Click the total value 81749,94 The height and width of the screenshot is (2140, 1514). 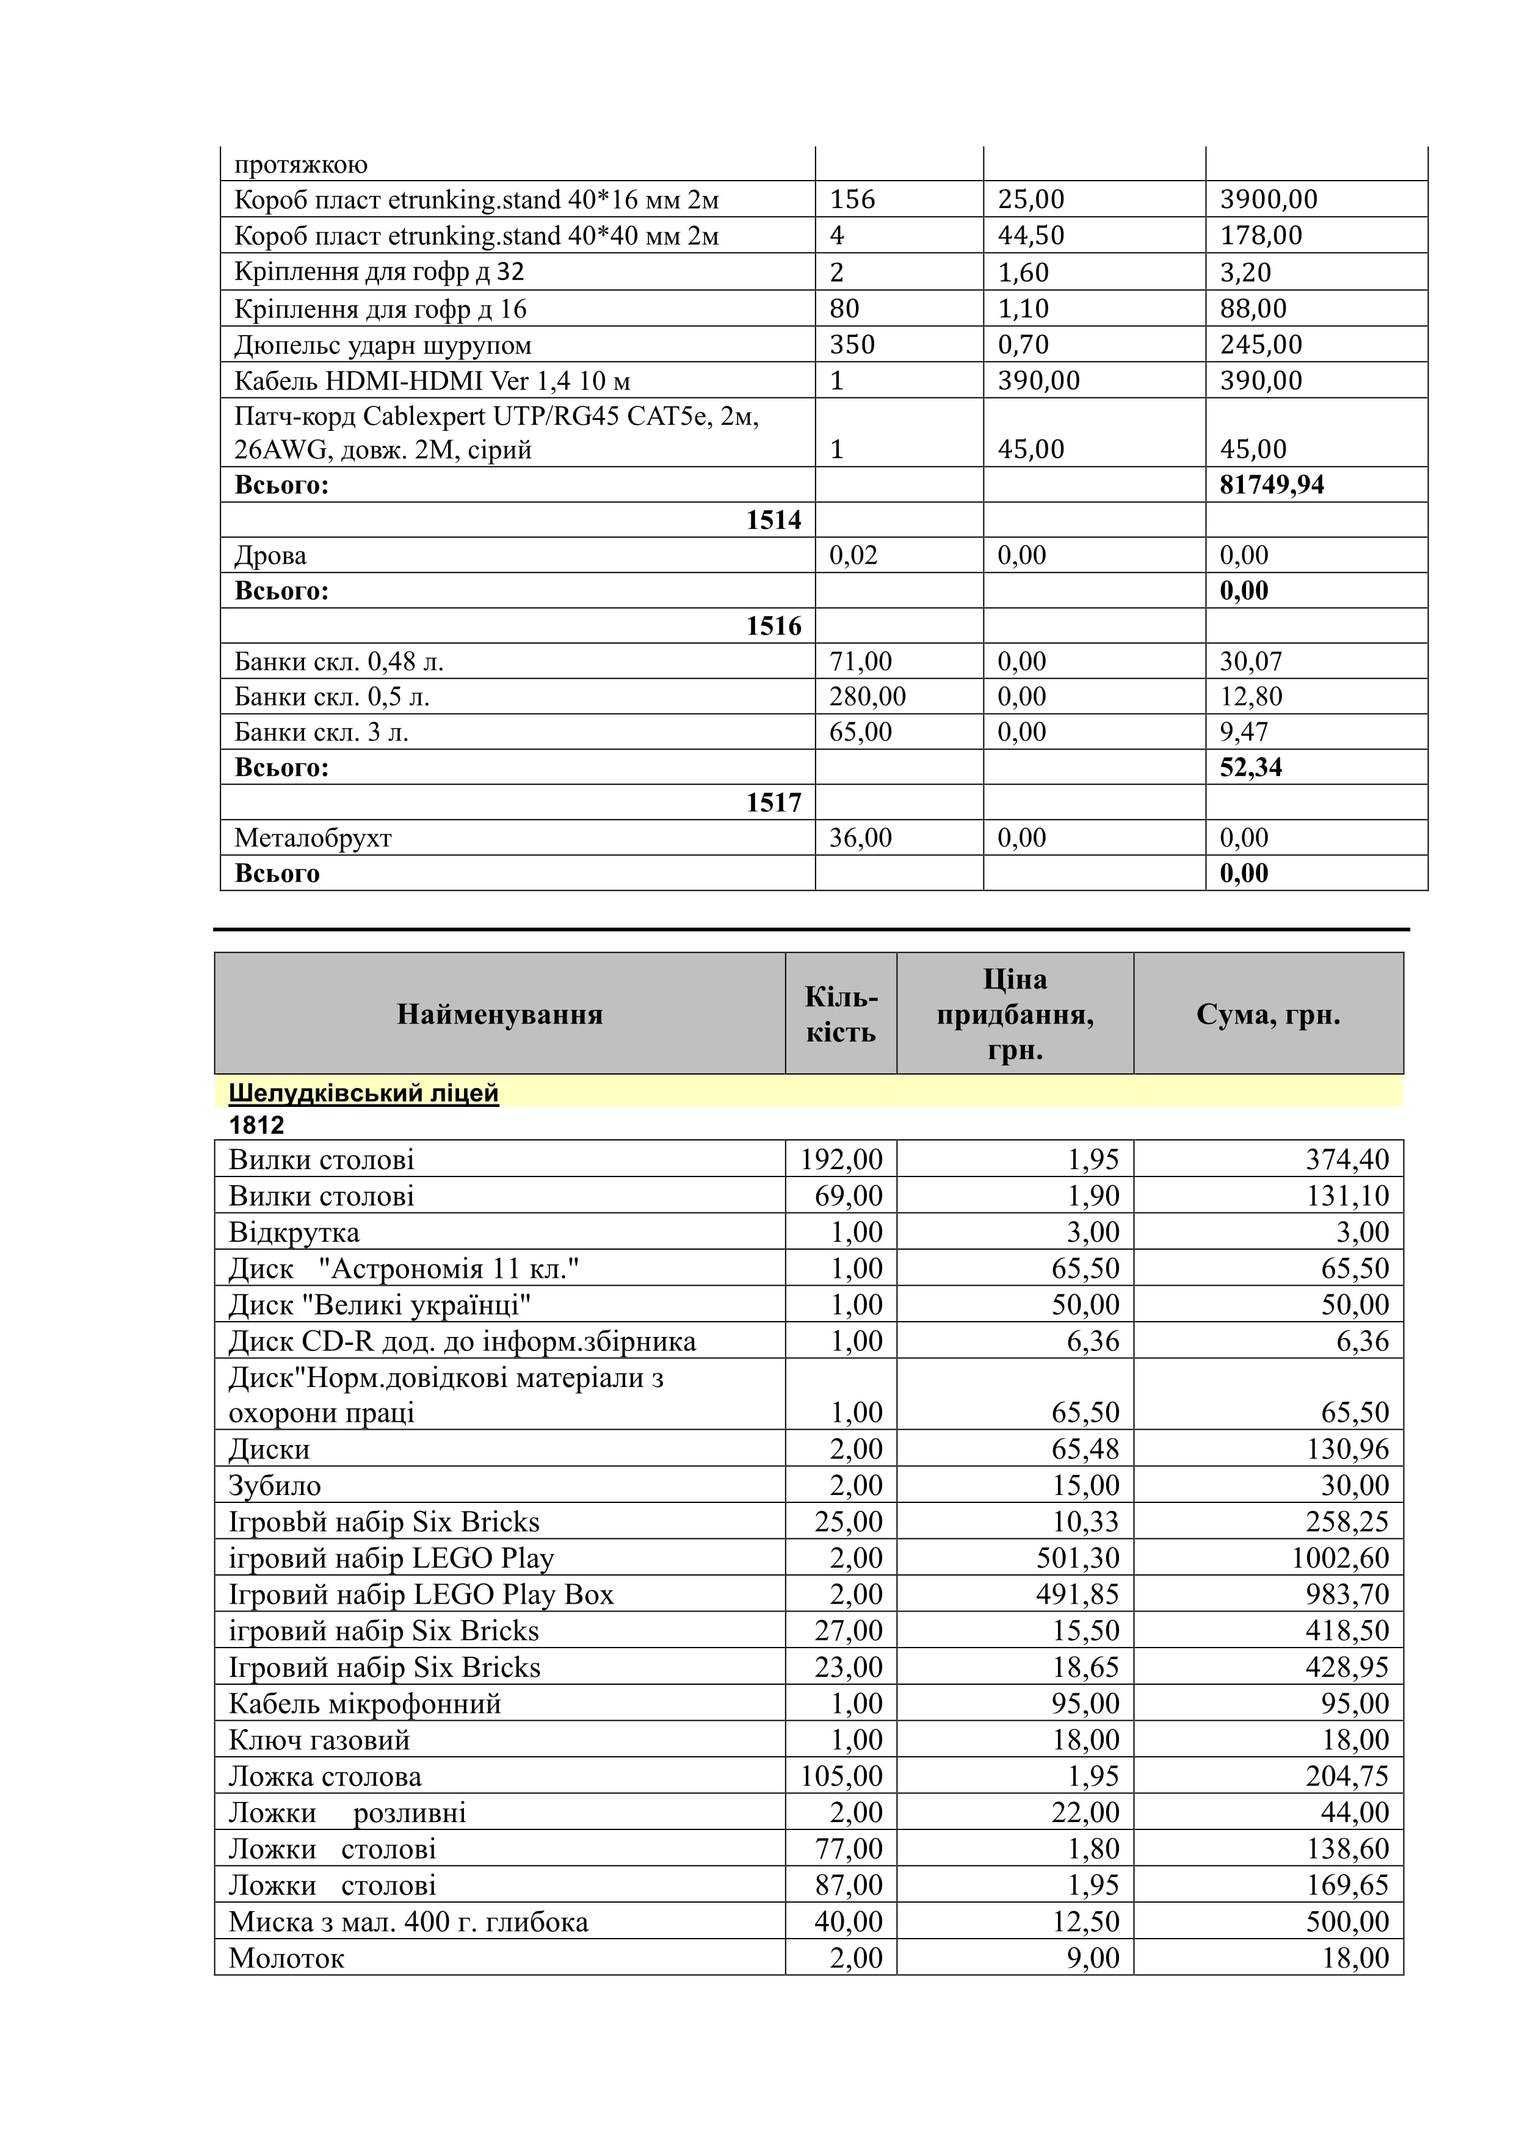coord(1272,485)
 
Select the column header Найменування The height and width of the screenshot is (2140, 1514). coord(500,1014)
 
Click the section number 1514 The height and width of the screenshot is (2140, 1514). coord(773,520)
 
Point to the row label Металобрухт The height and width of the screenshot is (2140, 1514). coord(313,838)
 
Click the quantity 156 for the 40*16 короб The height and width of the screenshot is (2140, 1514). coord(852,200)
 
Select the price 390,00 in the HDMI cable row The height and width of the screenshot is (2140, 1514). coord(1038,380)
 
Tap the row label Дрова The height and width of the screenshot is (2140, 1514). coord(270,555)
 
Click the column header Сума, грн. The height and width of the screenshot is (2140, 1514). coord(1268,1014)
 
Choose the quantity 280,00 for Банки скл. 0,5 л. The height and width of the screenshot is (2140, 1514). coord(867,696)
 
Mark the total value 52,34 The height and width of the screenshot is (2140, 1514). coord(1250,767)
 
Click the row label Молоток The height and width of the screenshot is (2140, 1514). coord(286,1958)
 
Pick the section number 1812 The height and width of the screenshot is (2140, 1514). coord(256,1125)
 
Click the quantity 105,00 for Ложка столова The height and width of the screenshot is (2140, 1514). coord(841,1776)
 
